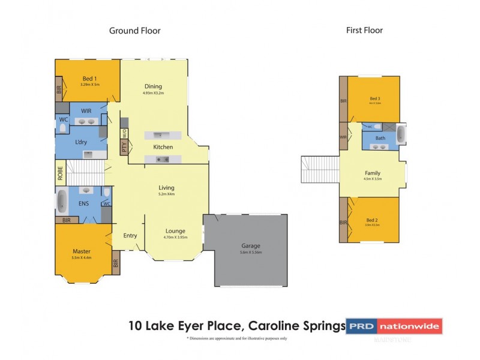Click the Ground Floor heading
134,31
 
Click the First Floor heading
364,30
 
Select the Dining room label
153,86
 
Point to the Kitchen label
163,147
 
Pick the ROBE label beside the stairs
60,174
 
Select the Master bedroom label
82,251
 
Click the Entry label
130,236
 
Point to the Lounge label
175,231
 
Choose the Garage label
251,245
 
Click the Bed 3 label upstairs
375,98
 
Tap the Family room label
373,173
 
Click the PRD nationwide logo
394,326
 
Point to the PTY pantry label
124,148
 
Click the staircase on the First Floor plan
318,169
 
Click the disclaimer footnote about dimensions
236,339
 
